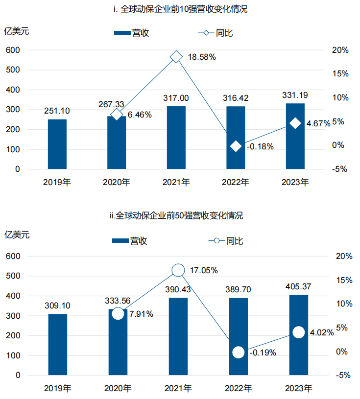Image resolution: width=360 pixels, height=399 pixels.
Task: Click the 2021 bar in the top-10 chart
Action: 176,138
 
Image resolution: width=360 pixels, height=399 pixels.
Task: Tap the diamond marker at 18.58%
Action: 176,57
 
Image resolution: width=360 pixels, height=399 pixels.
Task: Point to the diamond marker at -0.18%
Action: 236,146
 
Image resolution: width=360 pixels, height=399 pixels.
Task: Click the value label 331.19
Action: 295,95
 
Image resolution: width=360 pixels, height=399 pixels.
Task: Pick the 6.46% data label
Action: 140,115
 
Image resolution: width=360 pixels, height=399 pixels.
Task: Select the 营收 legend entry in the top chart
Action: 131,33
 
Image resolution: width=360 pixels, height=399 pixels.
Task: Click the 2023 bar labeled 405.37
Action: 299,335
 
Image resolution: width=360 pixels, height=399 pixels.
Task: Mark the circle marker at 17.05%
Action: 178,270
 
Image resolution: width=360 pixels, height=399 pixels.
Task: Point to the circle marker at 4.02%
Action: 298,332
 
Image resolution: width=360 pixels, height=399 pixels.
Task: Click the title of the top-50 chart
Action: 176,216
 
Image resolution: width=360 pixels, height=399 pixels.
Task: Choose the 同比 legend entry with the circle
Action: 226,241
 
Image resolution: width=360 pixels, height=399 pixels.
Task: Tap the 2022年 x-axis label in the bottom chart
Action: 239,389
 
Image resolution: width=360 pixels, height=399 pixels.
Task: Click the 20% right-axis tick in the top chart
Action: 339,50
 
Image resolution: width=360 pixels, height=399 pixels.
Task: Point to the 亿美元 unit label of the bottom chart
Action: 17,235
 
